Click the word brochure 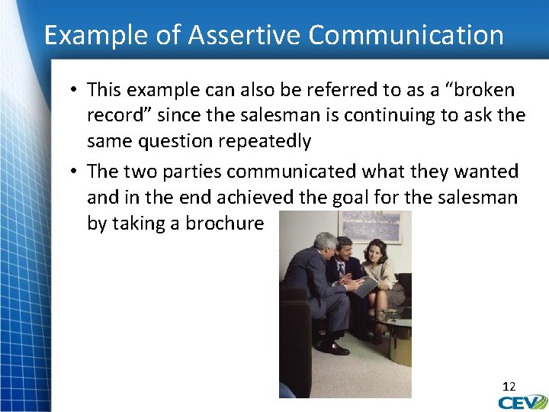pyautogui.click(x=226, y=224)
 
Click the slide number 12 pyautogui.click(x=508, y=387)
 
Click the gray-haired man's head pyautogui.click(x=326, y=245)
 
